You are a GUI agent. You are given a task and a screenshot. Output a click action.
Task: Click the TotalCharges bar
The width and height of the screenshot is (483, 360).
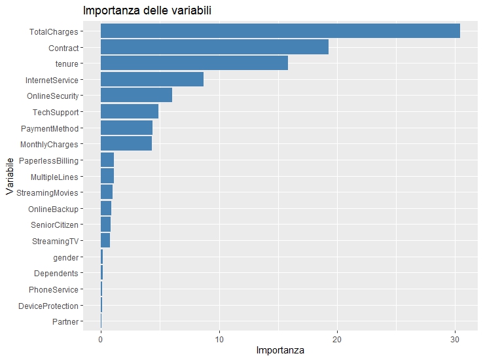pyautogui.click(x=280, y=31)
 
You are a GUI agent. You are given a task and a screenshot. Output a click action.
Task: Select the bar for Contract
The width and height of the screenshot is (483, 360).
pyautogui.click(x=214, y=48)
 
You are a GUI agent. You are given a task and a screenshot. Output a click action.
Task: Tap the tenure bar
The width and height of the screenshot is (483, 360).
pyautogui.click(x=194, y=63)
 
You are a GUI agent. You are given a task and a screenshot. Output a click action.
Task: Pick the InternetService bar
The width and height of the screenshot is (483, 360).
pyautogui.click(x=152, y=80)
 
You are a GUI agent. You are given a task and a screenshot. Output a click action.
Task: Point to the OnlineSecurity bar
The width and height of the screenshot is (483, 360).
pyautogui.click(x=136, y=96)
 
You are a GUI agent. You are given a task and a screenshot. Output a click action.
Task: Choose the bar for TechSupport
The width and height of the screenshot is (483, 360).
pyautogui.click(x=130, y=112)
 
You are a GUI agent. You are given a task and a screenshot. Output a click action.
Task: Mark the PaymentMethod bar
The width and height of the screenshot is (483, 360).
pyautogui.click(x=126, y=128)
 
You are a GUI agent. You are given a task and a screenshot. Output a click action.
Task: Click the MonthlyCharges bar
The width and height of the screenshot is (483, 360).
pyautogui.click(x=126, y=145)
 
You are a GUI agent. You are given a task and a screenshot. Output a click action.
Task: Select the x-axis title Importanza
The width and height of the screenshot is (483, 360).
pyautogui.click(x=280, y=351)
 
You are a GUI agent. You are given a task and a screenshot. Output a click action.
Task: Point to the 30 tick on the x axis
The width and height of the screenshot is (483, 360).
pyautogui.click(x=456, y=340)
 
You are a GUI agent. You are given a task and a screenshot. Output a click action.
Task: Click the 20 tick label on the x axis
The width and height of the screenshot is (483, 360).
pyautogui.click(x=337, y=340)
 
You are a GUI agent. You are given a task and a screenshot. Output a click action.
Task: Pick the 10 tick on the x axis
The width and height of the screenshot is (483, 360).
pyautogui.click(x=219, y=340)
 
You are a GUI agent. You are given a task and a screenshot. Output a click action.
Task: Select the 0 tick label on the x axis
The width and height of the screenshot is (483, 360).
pyautogui.click(x=101, y=340)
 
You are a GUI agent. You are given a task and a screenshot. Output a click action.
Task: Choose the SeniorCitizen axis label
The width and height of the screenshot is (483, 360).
pyautogui.click(x=54, y=225)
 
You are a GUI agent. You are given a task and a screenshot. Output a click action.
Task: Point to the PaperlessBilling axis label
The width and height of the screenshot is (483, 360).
pyautogui.click(x=49, y=160)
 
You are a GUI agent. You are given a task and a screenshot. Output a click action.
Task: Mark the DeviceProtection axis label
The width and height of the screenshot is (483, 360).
pyautogui.click(x=48, y=306)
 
